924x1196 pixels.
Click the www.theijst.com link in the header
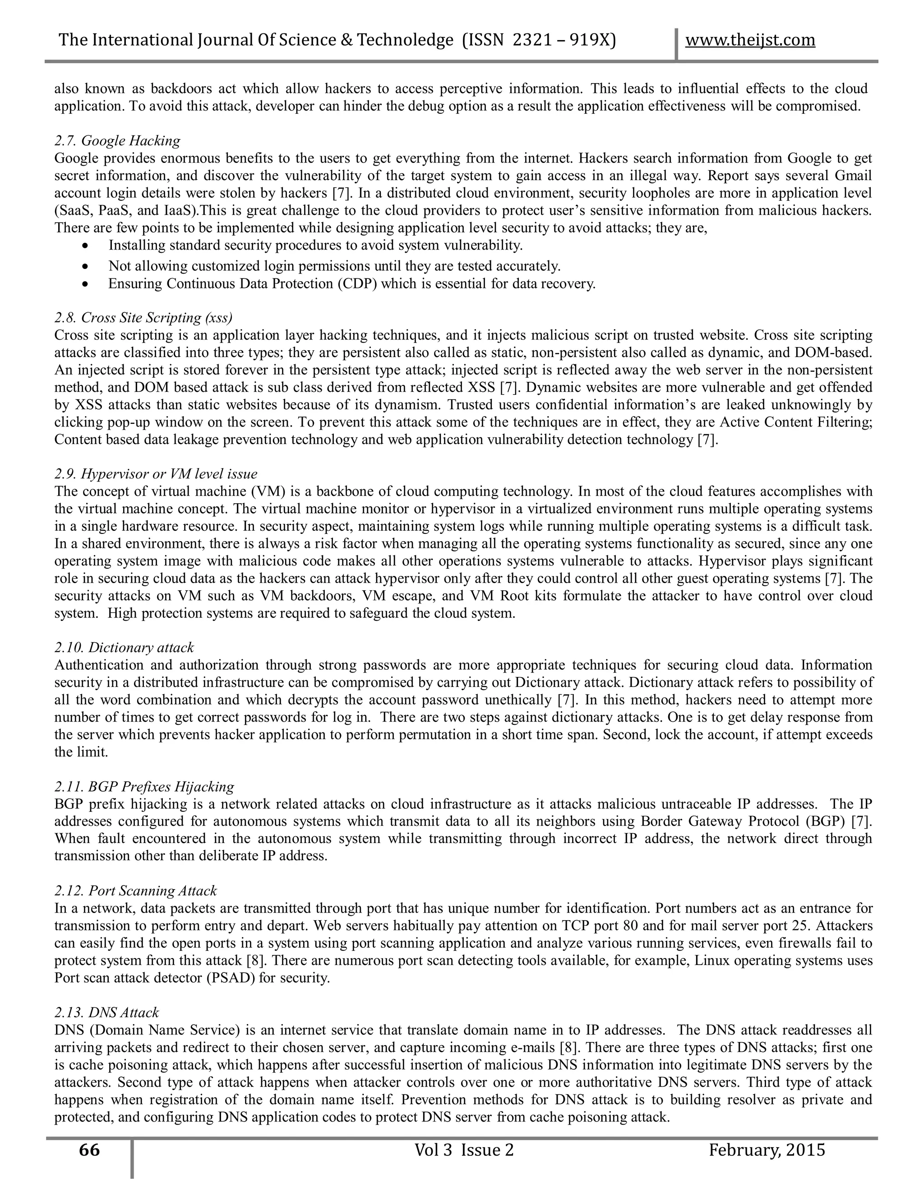750,40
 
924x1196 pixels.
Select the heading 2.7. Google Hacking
117,141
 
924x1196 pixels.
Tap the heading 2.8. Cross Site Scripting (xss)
143,318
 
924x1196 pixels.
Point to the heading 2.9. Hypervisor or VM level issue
156,474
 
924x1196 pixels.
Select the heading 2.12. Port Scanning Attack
135,891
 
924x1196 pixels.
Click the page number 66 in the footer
89,1150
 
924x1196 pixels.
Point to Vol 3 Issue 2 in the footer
464,1150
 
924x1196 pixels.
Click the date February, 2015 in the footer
767,1150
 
